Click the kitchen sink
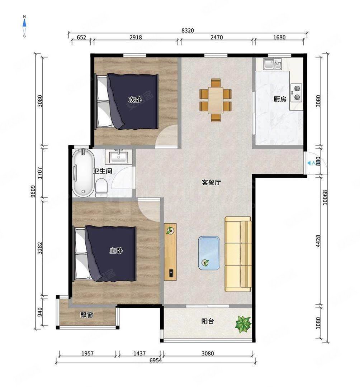pos(273,64)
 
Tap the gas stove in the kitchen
pos(296,92)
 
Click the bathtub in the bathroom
pos(83,173)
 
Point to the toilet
pos(101,187)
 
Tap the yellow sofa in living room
pos(238,254)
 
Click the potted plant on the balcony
pos(243,324)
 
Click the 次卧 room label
pos(134,100)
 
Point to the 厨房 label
pos(280,99)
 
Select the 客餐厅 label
pos(211,182)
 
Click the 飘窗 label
pos(87,315)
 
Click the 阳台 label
pos(207,321)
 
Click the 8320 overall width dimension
pos(188,31)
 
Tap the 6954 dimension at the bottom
pos(155,361)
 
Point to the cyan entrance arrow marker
pos(310,163)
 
